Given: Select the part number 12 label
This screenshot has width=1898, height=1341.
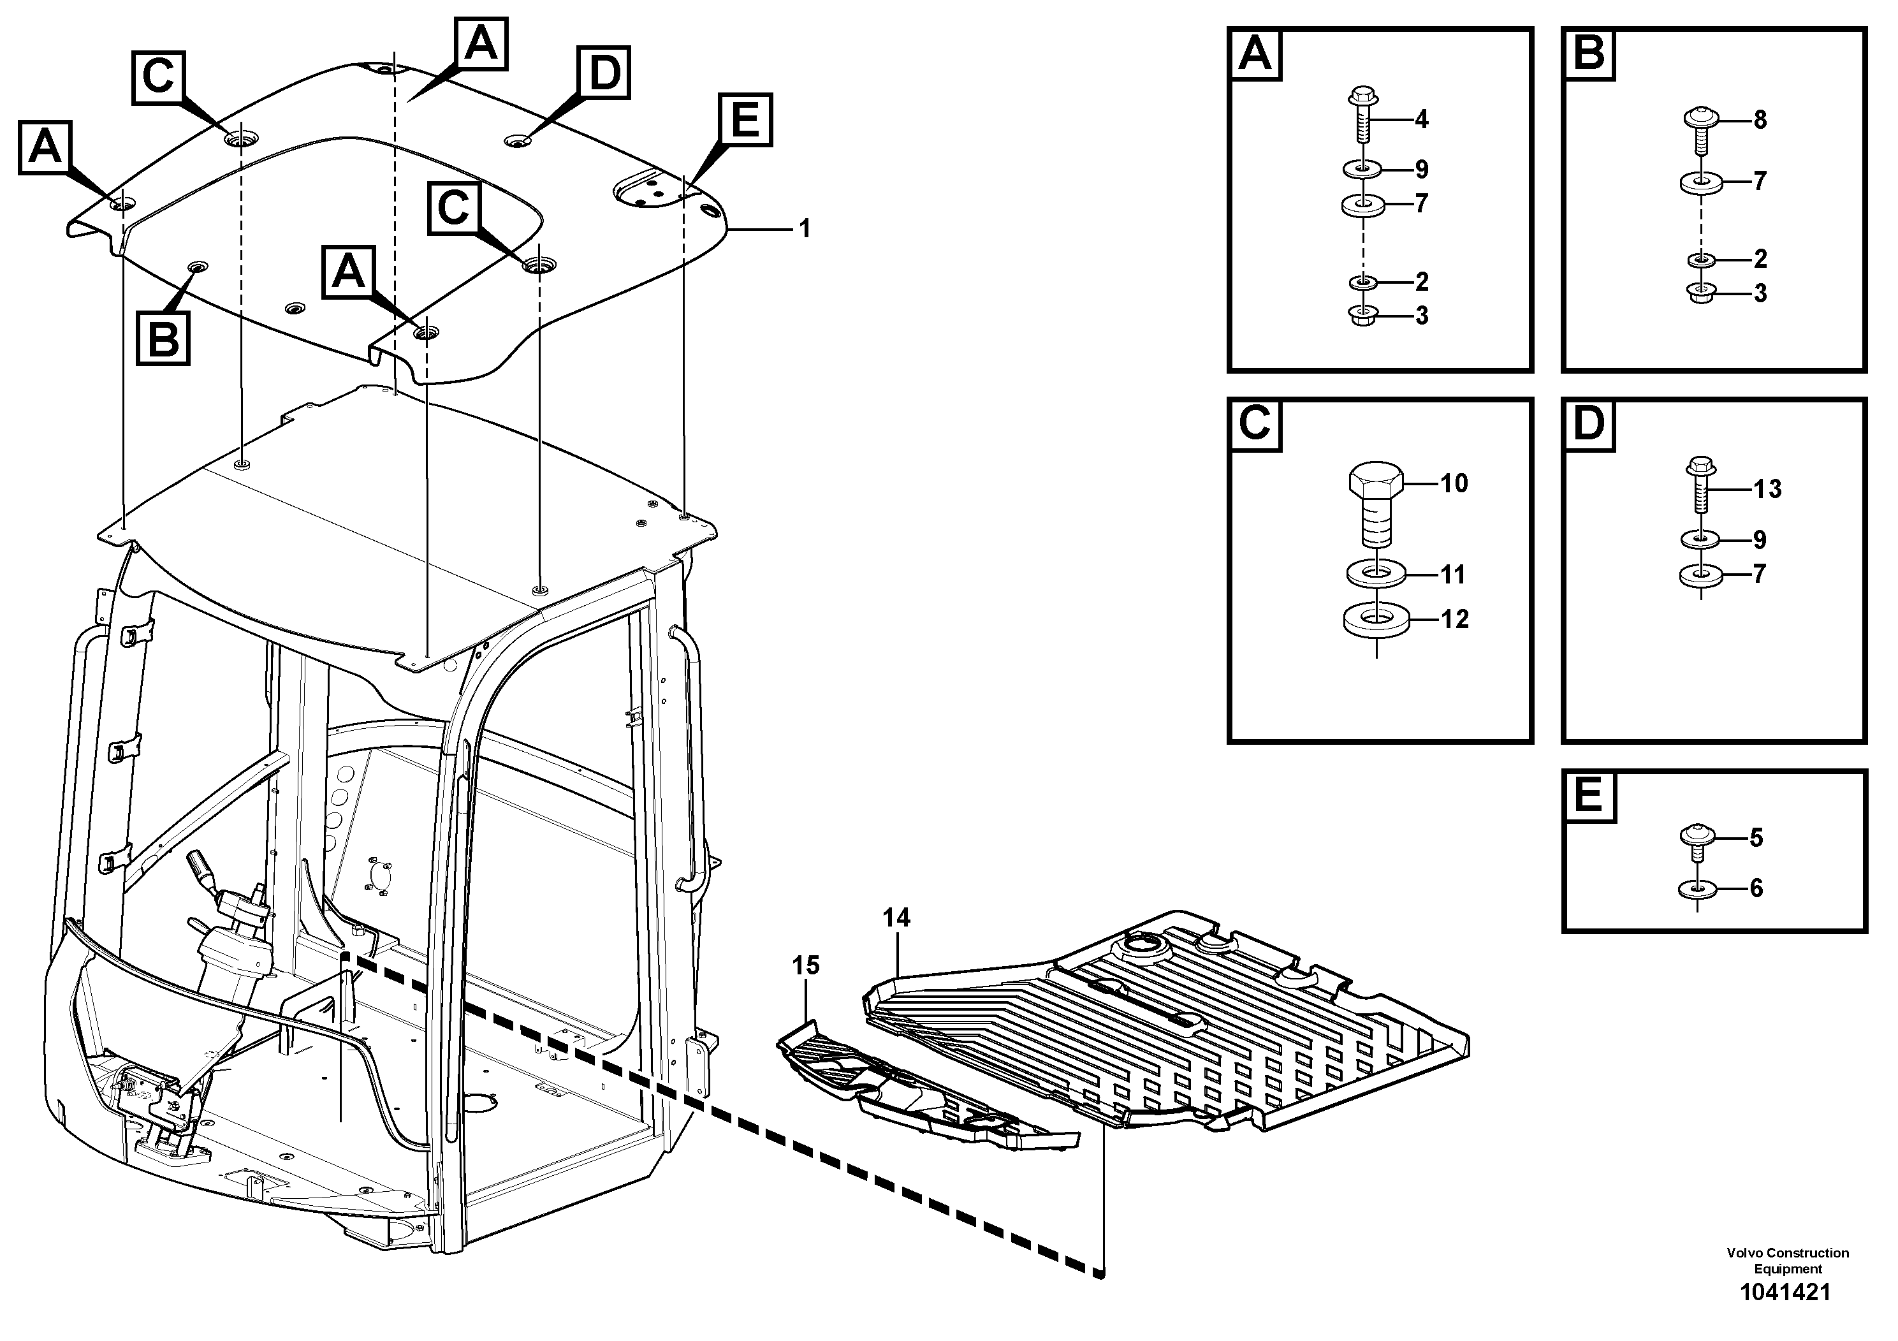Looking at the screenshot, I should tap(1454, 619).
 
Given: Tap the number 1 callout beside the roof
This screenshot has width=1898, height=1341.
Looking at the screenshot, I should tap(805, 228).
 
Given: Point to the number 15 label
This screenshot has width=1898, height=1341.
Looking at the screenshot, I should tap(805, 965).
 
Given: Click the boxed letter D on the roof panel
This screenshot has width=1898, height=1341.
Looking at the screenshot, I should tap(604, 73).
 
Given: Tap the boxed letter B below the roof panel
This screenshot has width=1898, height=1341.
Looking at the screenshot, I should tap(163, 338).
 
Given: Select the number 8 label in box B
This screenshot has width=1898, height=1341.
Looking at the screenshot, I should tap(1760, 120).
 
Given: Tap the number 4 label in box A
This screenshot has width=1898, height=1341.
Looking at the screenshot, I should tap(1421, 120).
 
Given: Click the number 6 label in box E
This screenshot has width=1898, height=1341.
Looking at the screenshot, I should tap(1756, 889).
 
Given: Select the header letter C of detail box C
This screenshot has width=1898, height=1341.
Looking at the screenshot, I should tap(1255, 425).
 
